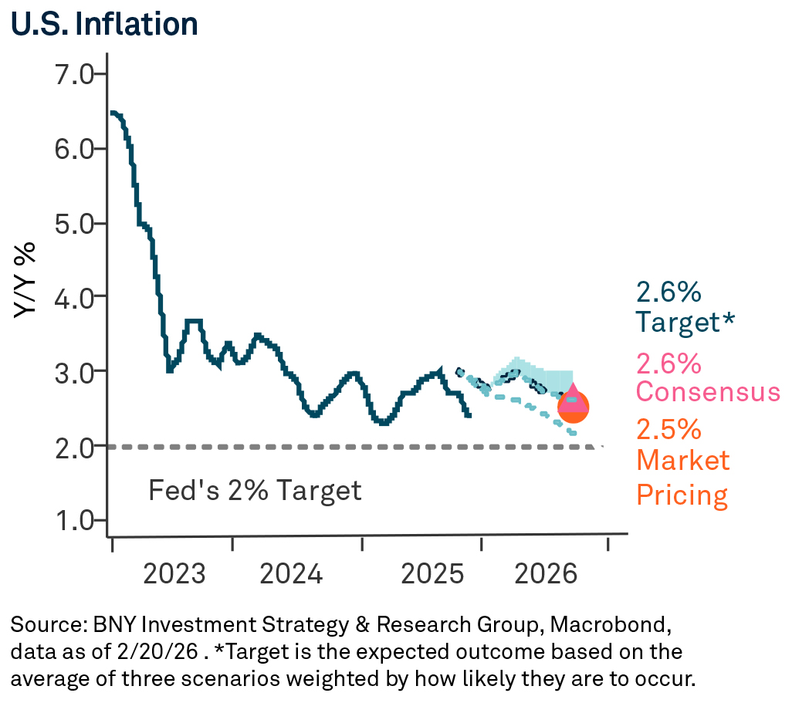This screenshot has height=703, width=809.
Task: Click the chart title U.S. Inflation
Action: (104, 24)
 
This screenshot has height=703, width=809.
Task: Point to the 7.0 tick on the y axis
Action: (73, 74)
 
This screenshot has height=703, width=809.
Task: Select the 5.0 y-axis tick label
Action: (73, 223)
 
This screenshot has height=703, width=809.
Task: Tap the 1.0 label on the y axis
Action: (73, 521)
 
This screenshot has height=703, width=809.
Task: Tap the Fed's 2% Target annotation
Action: (255, 490)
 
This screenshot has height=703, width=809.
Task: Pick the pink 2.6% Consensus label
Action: (707, 377)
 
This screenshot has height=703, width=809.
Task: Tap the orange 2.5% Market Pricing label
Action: (682, 461)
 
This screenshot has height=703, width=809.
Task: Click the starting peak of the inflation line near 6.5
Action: (114, 113)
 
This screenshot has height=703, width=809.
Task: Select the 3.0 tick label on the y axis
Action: (73, 372)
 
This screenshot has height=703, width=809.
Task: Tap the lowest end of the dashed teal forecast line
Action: (573, 434)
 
